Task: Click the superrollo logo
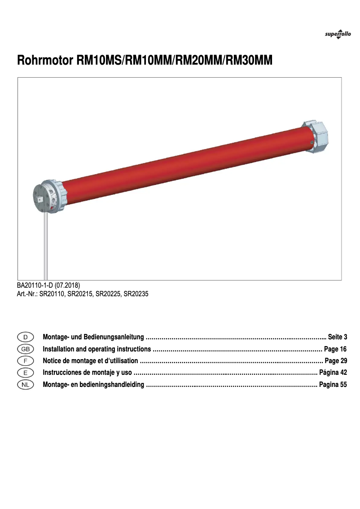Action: coord(338,35)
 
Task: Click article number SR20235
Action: coord(136,294)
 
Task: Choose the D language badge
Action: coord(26,337)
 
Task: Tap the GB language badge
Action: coord(26,349)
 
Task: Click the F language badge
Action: coord(26,360)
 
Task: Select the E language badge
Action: coord(26,373)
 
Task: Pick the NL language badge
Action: coord(26,384)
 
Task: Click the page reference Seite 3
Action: coord(338,337)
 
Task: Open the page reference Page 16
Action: coord(335,349)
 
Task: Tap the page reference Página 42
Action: coord(333,373)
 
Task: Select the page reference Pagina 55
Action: coord(333,385)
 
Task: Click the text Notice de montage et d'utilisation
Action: coord(90,361)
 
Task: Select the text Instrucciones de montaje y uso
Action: coord(87,373)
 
